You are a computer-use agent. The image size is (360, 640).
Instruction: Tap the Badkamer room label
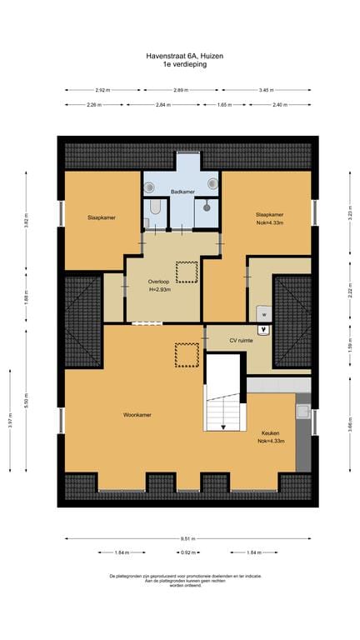tap(182, 192)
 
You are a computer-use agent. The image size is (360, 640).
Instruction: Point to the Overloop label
tap(159, 282)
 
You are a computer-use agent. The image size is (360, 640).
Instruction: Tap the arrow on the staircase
tap(222, 426)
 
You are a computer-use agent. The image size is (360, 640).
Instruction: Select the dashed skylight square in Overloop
tap(187, 272)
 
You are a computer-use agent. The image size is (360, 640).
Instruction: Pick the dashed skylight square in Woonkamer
tap(186, 355)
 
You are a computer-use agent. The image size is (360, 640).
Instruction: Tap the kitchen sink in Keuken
tap(302, 410)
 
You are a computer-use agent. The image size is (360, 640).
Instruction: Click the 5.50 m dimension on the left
tap(26, 398)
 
